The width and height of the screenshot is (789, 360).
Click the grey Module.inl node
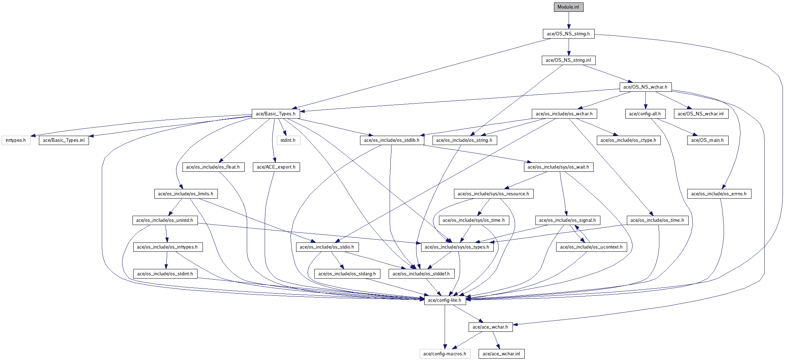(x=568, y=7)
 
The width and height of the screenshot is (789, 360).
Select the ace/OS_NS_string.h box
(x=568, y=34)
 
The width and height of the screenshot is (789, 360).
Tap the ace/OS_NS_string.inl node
(x=568, y=60)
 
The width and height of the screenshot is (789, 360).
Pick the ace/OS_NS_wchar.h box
(x=645, y=87)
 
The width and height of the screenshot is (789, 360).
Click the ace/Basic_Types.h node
(x=275, y=114)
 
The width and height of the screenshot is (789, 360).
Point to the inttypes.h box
(x=16, y=140)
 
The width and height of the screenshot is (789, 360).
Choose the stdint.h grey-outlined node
(x=288, y=140)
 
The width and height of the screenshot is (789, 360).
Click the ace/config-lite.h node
(x=445, y=300)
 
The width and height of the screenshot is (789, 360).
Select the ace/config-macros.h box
(x=445, y=354)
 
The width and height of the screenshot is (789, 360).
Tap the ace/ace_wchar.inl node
(x=501, y=354)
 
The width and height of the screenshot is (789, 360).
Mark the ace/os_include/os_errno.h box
(x=719, y=194)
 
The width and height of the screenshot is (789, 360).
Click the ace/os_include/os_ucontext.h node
(x=591, y=247)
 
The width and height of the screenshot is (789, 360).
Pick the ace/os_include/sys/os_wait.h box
(x=558, y=167)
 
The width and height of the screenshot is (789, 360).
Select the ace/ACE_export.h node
(x=276, y=167)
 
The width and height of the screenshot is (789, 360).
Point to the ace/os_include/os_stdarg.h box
(x=347, y=274)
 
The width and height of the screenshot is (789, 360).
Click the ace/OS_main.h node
(x=707, y=140)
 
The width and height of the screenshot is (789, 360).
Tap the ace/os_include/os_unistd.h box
(x=164, y=220)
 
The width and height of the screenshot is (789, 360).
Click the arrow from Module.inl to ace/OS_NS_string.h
(x=569, y=20)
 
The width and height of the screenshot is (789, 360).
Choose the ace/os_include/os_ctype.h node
(x=628, y=140)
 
